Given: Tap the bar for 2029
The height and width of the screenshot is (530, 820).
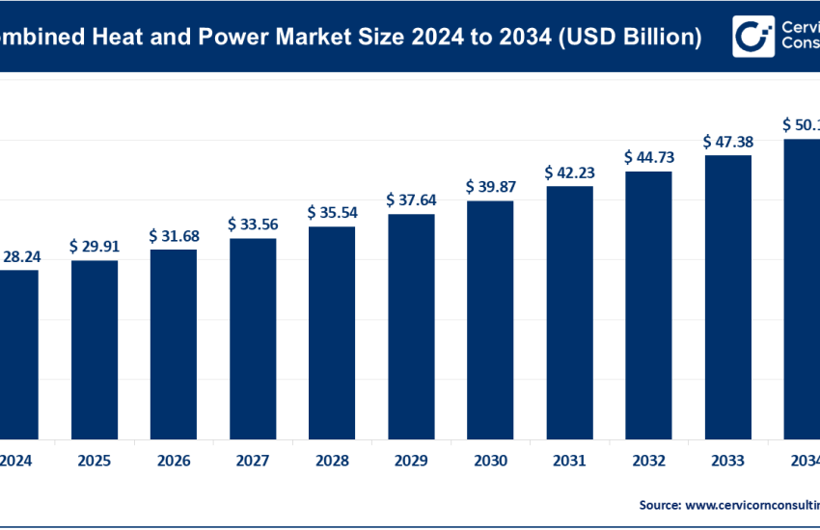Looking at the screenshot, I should pyautogui.click(x=411, y=325).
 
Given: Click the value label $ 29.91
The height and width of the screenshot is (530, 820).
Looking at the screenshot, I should pyautogui.click(x=95, y=246).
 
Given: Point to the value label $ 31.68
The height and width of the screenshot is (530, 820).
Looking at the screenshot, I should pyautogui.click(x=174, y=235).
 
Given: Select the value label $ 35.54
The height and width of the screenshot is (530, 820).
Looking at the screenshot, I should pyautogui.click(x=332, y=211).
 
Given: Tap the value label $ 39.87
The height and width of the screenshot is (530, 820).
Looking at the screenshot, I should pyautogui.click(x=490, y=186).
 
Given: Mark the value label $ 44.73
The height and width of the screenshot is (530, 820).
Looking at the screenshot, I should pyautogui.click(x=648, y=157).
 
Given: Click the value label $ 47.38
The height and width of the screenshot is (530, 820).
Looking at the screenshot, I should pyautogui.click(x=727, y=142).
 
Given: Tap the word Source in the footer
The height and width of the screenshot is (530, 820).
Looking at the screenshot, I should pyautogui.click(x=659, y=504).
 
